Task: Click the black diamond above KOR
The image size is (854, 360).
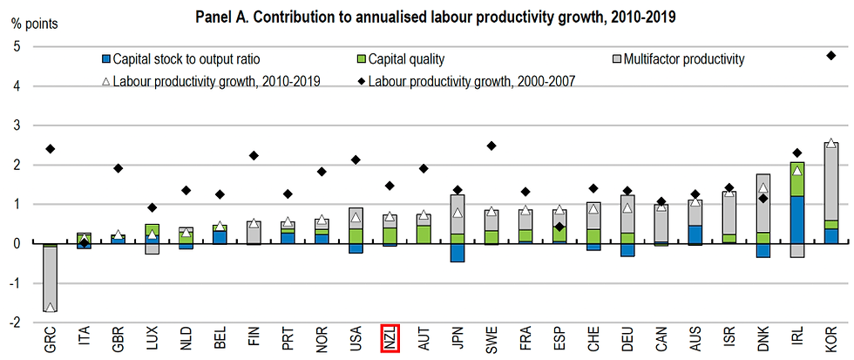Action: coord(831,56)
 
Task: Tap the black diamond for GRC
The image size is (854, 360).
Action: coord(51,149)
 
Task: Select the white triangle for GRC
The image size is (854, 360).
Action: coord(51,307)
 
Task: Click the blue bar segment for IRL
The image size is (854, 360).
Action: coord(797,220)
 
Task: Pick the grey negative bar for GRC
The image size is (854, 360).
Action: coord(51,279)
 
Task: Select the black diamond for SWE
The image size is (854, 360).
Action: coord(491,146)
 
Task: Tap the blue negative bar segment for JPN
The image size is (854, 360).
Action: coord(457,252)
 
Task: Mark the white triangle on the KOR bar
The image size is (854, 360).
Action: coord(831,144)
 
